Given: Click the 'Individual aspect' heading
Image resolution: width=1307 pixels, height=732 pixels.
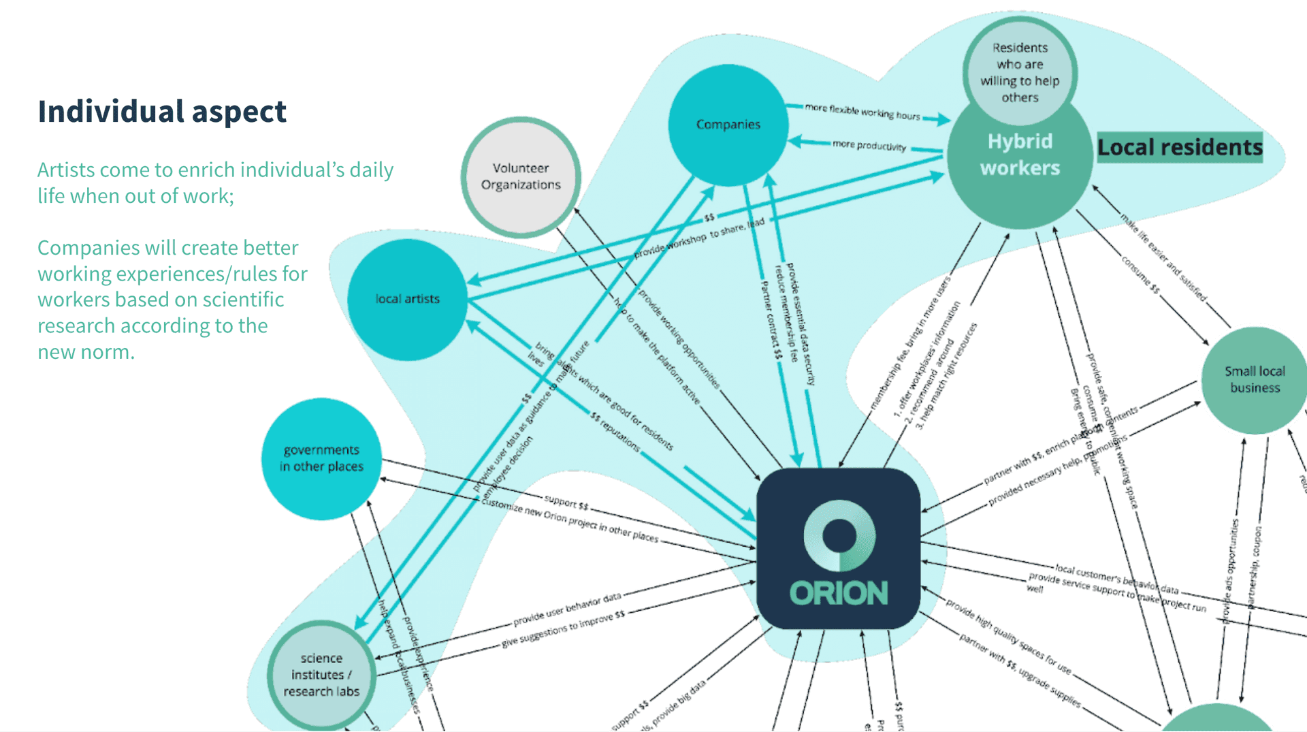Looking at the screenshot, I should (162, 112).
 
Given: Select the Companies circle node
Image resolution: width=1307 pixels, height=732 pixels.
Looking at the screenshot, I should (728, 125).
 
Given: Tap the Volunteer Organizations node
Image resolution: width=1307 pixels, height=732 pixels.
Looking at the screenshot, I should (521, 176).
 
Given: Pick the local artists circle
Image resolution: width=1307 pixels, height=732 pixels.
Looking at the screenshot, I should (407, 299).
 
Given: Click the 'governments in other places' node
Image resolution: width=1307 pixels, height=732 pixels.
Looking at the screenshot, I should (321, 458).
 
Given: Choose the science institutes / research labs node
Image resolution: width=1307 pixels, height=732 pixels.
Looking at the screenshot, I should (321, 675).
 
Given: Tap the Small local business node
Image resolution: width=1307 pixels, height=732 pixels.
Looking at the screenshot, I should (1255, 380).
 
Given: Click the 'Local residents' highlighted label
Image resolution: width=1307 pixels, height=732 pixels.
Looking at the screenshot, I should (1180, 147).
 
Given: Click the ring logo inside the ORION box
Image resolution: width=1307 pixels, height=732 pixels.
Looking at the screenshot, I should (839, 535).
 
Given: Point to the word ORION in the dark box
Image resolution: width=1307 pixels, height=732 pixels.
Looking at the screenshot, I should (839, 593).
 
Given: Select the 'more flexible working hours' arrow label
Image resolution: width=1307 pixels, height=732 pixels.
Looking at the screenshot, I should (862, 112).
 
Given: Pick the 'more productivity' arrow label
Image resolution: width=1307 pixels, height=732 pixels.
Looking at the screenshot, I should (869, 145).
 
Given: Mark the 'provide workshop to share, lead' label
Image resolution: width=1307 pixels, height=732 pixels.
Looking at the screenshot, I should (699, 238).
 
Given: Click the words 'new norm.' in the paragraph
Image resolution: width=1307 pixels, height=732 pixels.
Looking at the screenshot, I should (86, 352).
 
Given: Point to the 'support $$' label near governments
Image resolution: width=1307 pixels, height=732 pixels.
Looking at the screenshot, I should (566, 503).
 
